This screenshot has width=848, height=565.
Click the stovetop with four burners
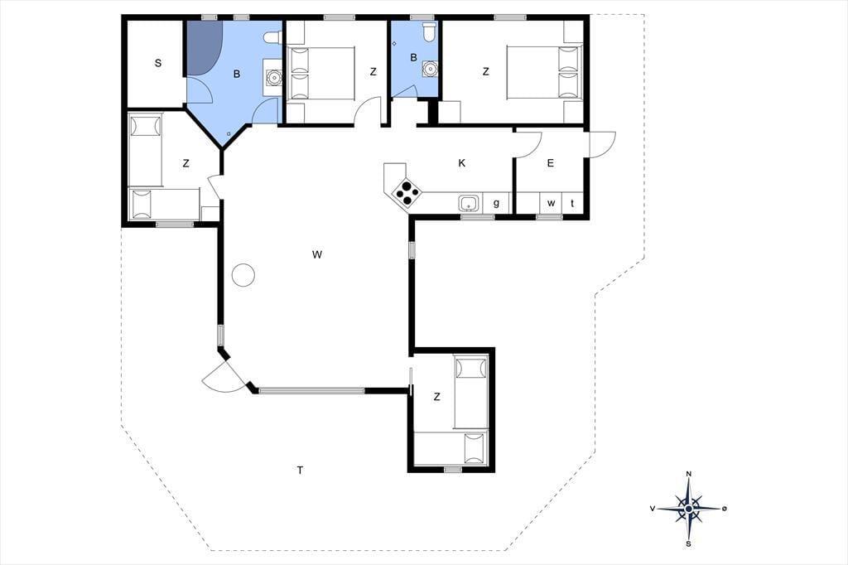(x=406, y=193)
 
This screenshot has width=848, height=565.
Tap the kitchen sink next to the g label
(x=469, y=204)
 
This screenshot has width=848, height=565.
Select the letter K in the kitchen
(x=462, y=163)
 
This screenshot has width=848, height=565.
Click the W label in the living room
(x=317, y=254)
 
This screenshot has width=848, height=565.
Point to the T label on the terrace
(x=300, y=470)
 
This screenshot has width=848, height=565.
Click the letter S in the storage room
(x=158, y=63)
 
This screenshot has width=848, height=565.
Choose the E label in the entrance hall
(x=551, y=163)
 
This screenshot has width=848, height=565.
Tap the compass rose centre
(x=688, y=509)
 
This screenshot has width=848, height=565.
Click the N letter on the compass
(x=688, y=474)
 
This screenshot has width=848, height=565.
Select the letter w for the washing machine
(x=551, y=204)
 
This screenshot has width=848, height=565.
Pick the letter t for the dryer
(x=572, y=204)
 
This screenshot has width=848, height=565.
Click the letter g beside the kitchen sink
(x=496, y=204)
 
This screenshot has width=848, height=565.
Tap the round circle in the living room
(x=243, y=275)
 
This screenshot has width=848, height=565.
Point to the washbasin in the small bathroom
(x=431, y=70)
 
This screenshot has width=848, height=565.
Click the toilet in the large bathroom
(x=272, y=37)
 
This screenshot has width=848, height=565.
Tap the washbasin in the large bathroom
(x=275, y=78)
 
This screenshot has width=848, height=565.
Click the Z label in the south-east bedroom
(x=437, y=397)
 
